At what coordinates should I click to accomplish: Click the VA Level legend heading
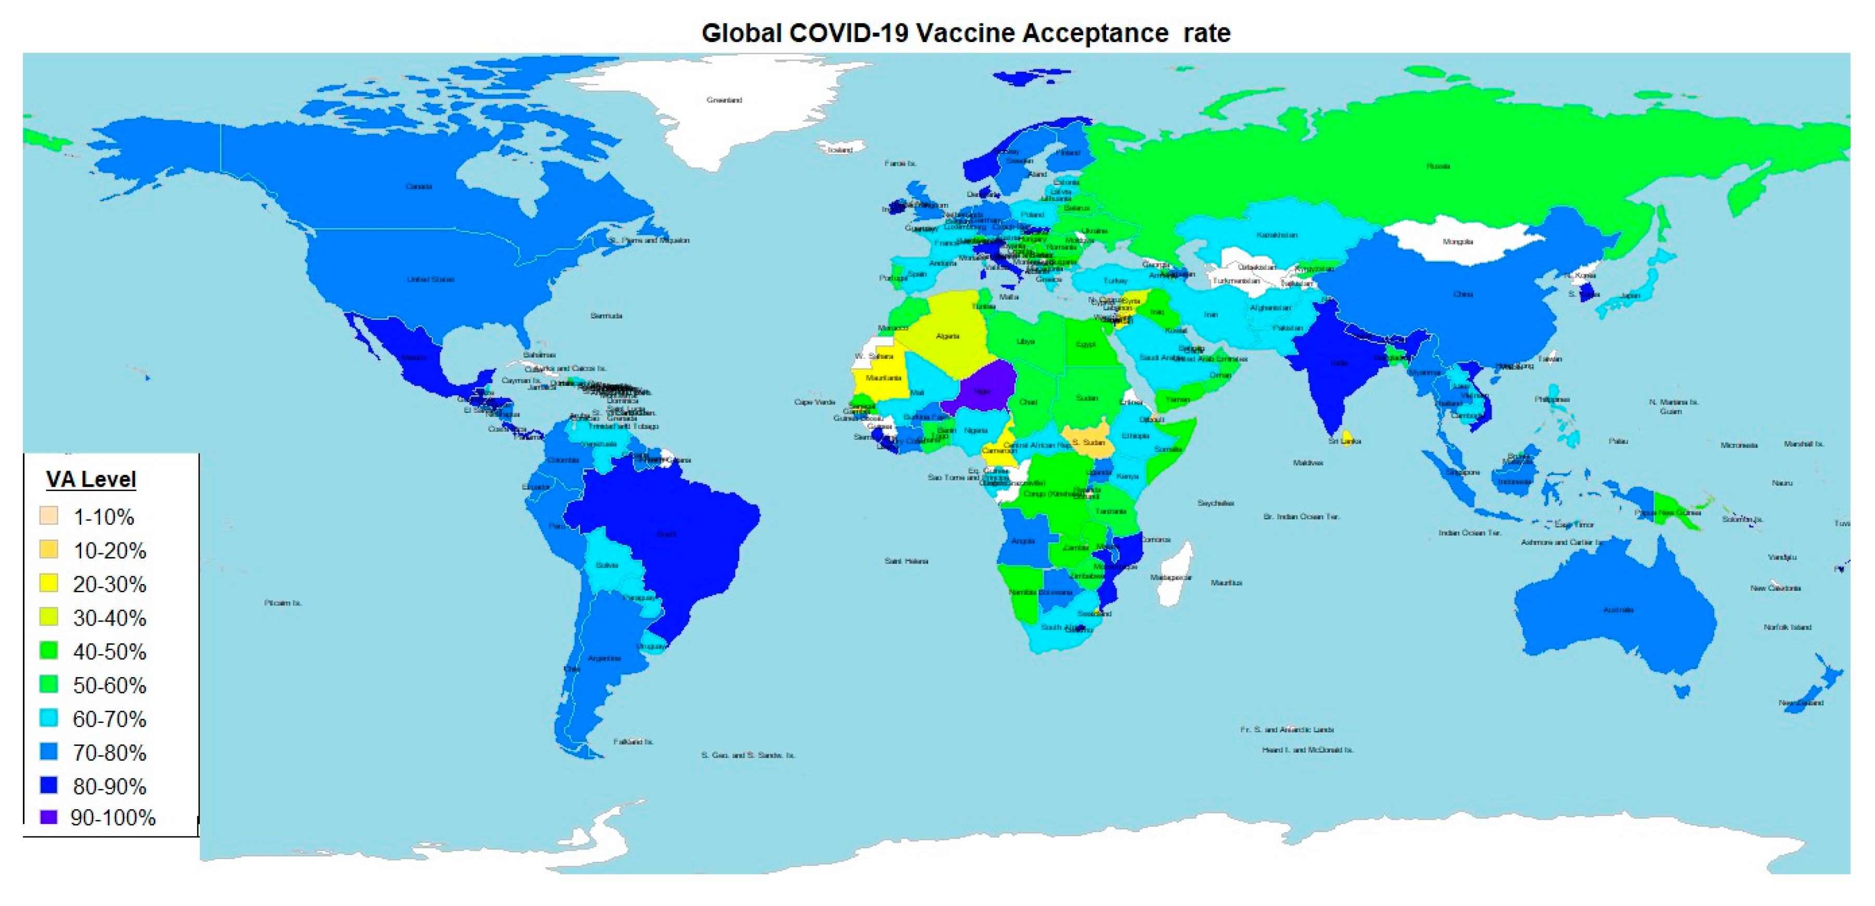[91, 480]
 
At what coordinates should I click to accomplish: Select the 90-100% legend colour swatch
[49, 817]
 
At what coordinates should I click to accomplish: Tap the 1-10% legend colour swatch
[49, 516]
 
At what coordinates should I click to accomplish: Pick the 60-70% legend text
[109, 719]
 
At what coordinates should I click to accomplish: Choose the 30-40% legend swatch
[49, 617]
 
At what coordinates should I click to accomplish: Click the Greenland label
[724, 100]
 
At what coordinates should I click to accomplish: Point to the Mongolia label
[1457, 242]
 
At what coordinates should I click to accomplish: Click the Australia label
[1617, 610]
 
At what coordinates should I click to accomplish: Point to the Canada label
[418, 186]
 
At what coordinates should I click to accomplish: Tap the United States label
[431, 279]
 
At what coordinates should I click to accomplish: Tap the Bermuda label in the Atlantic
[606, 316]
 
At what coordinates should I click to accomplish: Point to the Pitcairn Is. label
[282, 603]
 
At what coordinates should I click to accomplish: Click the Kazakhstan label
[1277, 235]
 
